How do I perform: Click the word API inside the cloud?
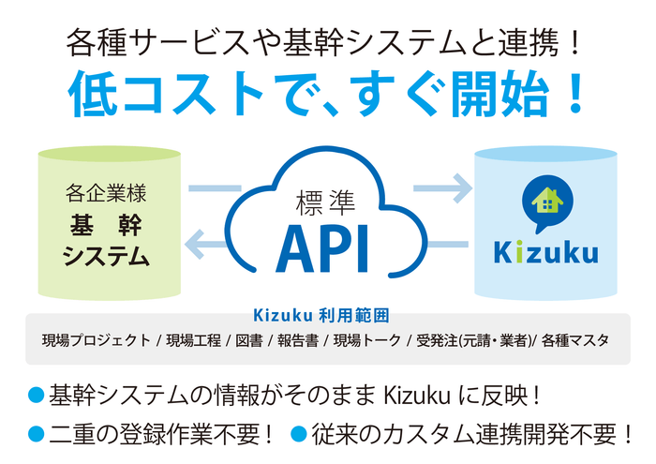click(x=322, y=247)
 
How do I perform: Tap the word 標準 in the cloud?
click(x=323, y=202)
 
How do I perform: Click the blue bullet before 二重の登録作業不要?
click(x=37, y=434)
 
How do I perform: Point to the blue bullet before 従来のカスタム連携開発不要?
click(x=298, y=434)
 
